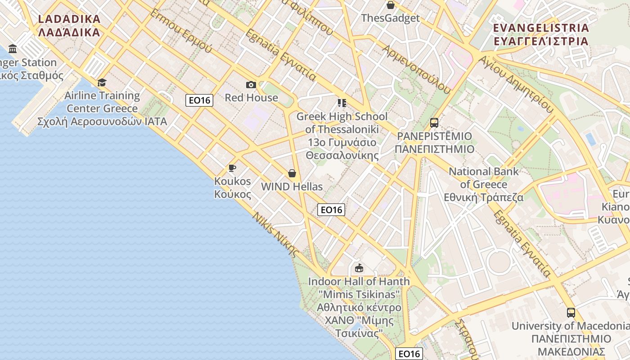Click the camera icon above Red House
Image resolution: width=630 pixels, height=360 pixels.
pos(251,85)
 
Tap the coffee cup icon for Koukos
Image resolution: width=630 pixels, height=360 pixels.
pos(232,168)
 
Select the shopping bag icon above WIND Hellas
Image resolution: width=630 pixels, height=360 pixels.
pos(292,173)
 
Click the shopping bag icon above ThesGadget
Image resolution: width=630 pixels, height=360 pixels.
pos(390,5)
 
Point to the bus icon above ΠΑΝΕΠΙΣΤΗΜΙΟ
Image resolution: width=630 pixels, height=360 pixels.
pos(434,123)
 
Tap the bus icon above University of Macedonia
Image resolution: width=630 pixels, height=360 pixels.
pos(571,312)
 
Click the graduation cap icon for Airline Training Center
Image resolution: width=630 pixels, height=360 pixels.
pos(102,82)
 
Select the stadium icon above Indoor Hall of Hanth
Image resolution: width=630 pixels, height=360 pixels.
pos(359,268)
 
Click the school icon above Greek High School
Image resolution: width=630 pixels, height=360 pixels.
pos(342,103)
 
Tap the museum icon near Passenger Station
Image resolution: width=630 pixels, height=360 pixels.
pos(13,49)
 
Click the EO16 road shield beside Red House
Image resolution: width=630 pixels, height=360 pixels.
pos(199,100)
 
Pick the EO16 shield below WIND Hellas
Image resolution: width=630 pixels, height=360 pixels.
pos(331,209)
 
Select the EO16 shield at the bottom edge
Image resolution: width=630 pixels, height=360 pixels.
pos(409,354)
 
